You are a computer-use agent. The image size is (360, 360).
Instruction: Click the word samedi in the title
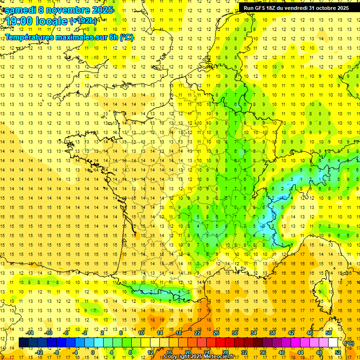pyautogui.click(x=21, y=10)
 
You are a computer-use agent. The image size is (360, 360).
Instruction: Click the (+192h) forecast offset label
pyautogui.click(x=83, y=21)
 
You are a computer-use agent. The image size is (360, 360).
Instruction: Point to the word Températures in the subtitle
pyautogui.click(x=28, y=37)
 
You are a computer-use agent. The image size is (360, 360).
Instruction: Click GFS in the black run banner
pyautogui.click(x=262, y=8)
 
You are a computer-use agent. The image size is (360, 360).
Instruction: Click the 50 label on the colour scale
pyautogui.click(x=329, y=333)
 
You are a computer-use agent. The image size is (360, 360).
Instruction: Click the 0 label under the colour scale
pyautogui.click(x=92, y=352)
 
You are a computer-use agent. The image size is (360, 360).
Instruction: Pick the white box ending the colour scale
pyautogui.click(x=333, y=343)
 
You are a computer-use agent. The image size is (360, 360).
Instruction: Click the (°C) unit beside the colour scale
pyautogui.click(x=349, y=343)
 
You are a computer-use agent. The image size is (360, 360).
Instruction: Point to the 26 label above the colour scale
pyautogui.click(x=216, y=333)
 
